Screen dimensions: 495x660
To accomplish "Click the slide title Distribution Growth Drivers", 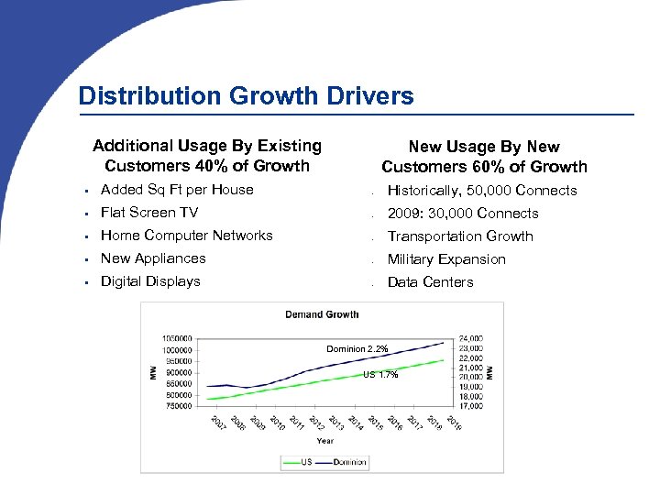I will click(246, 95).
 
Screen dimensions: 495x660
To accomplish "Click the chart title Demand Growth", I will click(322, 314).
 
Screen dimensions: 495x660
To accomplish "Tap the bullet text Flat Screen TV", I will click(148, 213).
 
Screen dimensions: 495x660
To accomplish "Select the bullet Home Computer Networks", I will click(186, 236).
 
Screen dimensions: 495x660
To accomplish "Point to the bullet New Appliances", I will click(152, 258).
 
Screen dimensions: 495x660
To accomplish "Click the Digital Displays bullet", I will click(149, 281).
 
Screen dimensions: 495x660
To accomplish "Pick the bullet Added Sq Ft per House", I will click(176, 190).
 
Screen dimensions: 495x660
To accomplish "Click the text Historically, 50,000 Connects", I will click(481, 191).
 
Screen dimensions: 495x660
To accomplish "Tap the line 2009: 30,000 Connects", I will click(462, 214).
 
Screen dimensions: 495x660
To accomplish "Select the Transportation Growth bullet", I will click(459, 236).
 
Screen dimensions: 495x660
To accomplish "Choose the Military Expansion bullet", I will click(445, 259).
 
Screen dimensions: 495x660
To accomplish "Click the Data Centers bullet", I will click(430, 282).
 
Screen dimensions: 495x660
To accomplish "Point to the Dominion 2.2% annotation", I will click(357, 349).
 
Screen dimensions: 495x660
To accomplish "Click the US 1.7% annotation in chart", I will click(380, 375).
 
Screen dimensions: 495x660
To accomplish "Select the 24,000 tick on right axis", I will click(470, 337).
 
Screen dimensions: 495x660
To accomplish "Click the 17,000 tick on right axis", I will click(470, 405).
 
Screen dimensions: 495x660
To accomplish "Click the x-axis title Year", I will click(325, 440).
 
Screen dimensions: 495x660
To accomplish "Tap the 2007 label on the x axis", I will click(216, 424).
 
